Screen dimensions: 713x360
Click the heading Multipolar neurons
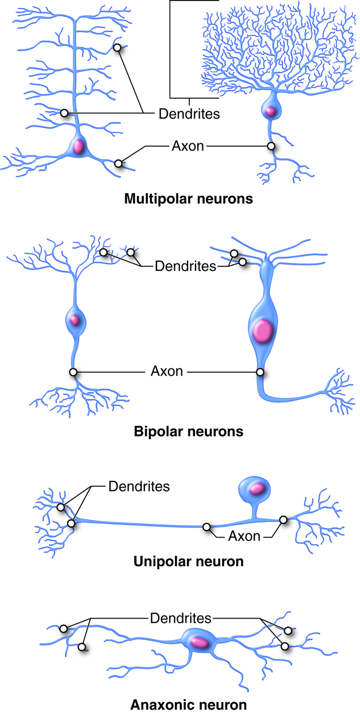coord(189,200)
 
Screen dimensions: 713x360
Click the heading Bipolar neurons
coord(188,430)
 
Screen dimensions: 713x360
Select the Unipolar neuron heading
coord(188,561)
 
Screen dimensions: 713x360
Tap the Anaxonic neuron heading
coord(189,704)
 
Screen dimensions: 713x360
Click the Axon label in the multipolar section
coord(187,146)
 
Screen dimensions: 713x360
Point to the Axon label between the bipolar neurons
coord(167,371)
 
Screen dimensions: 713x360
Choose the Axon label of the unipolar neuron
coord(244,536)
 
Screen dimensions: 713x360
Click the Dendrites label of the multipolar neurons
coord(189,113)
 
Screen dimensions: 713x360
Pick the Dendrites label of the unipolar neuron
coord(139,486)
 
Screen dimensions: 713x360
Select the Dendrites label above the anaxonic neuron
coord(181,619)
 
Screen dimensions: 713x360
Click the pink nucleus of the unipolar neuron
coord(258,488)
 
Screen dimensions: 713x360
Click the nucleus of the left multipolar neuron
coord(78,147)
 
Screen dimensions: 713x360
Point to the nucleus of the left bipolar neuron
coord(74,320)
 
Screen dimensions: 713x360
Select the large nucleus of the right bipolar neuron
coord(262,331)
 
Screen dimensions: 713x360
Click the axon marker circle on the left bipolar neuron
coord(73,372)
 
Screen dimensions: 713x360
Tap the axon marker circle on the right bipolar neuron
coord(260,372)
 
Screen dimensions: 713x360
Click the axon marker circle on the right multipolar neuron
coord(271,146)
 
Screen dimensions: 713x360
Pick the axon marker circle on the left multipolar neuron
coord(118,163)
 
